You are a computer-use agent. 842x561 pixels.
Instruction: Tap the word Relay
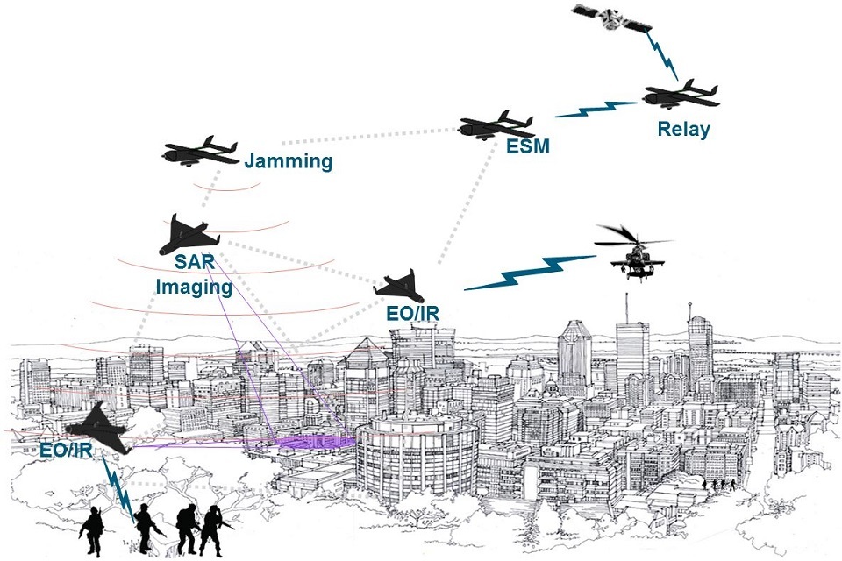click(x=683, y=130)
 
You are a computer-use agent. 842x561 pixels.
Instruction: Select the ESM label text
click(x=528, y=147)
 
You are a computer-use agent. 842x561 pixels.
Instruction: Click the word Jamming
click(x=289, y=161)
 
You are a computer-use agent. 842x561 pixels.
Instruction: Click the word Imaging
click(x=193, y=287)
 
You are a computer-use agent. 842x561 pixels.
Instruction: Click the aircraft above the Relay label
click(x=681, y=96)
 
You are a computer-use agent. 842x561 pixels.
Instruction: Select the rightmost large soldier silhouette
click(x=212, y=529)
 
